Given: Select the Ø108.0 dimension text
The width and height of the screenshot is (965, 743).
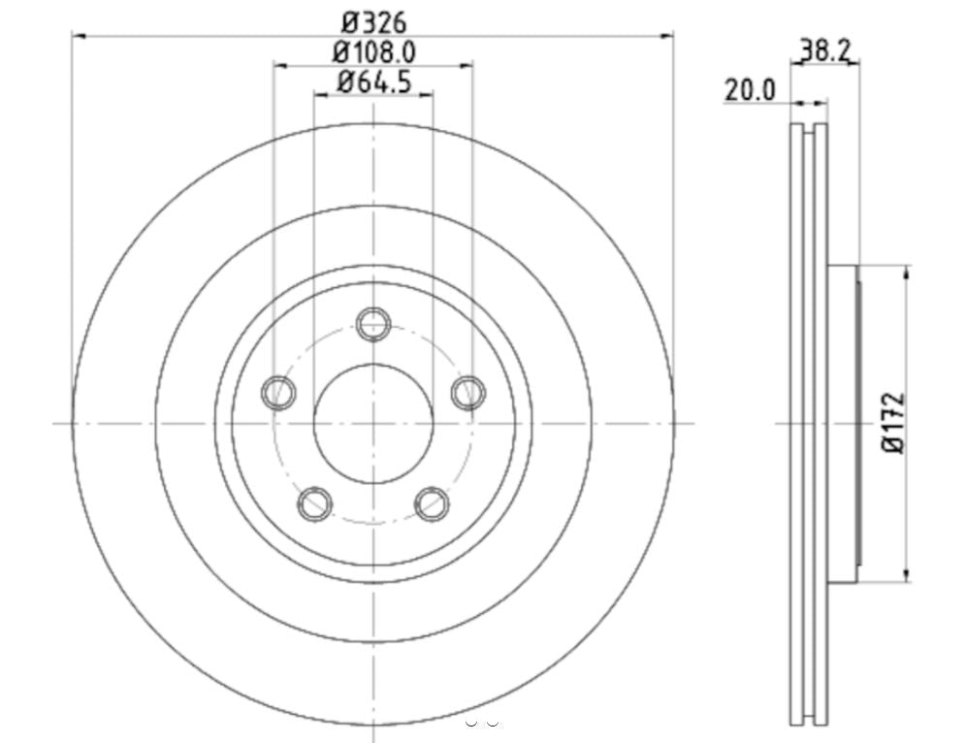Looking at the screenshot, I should (373, 51).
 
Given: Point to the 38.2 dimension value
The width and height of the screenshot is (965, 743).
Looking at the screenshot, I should (825, 48).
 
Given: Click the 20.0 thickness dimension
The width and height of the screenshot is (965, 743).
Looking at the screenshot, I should (750, 90).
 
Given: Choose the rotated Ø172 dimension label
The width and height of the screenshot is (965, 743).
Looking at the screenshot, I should (893, 423).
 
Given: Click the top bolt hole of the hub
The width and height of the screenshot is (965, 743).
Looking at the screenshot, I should (373, 323).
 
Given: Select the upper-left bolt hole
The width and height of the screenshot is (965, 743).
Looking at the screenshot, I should (279, 392).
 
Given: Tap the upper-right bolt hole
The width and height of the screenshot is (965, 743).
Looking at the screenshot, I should (467, 392).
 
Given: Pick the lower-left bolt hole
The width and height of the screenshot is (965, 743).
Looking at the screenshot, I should (315, 503).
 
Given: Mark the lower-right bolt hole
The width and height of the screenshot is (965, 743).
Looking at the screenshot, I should (432, 503).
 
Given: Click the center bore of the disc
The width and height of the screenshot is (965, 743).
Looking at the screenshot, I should (373, 423).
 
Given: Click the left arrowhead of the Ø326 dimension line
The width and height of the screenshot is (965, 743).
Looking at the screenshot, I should (79, 36).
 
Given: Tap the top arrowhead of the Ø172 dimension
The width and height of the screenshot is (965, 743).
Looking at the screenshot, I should (906, 271).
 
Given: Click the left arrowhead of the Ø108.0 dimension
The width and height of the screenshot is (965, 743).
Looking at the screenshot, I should (279, 66).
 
